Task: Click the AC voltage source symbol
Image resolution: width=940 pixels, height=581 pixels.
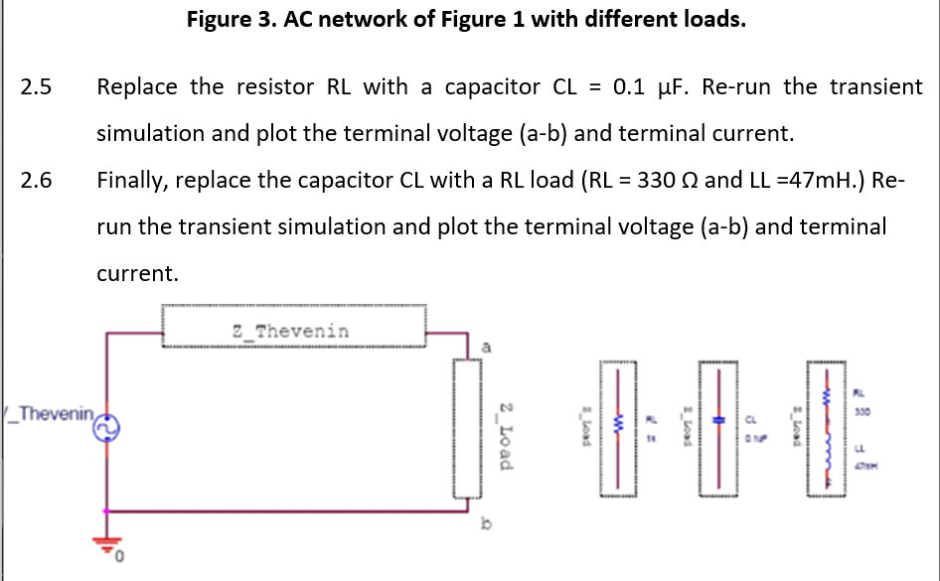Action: tap(106, 426)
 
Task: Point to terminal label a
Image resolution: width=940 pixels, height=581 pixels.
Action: tap(486, 347)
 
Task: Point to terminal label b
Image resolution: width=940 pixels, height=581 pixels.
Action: tap(486, 522)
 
